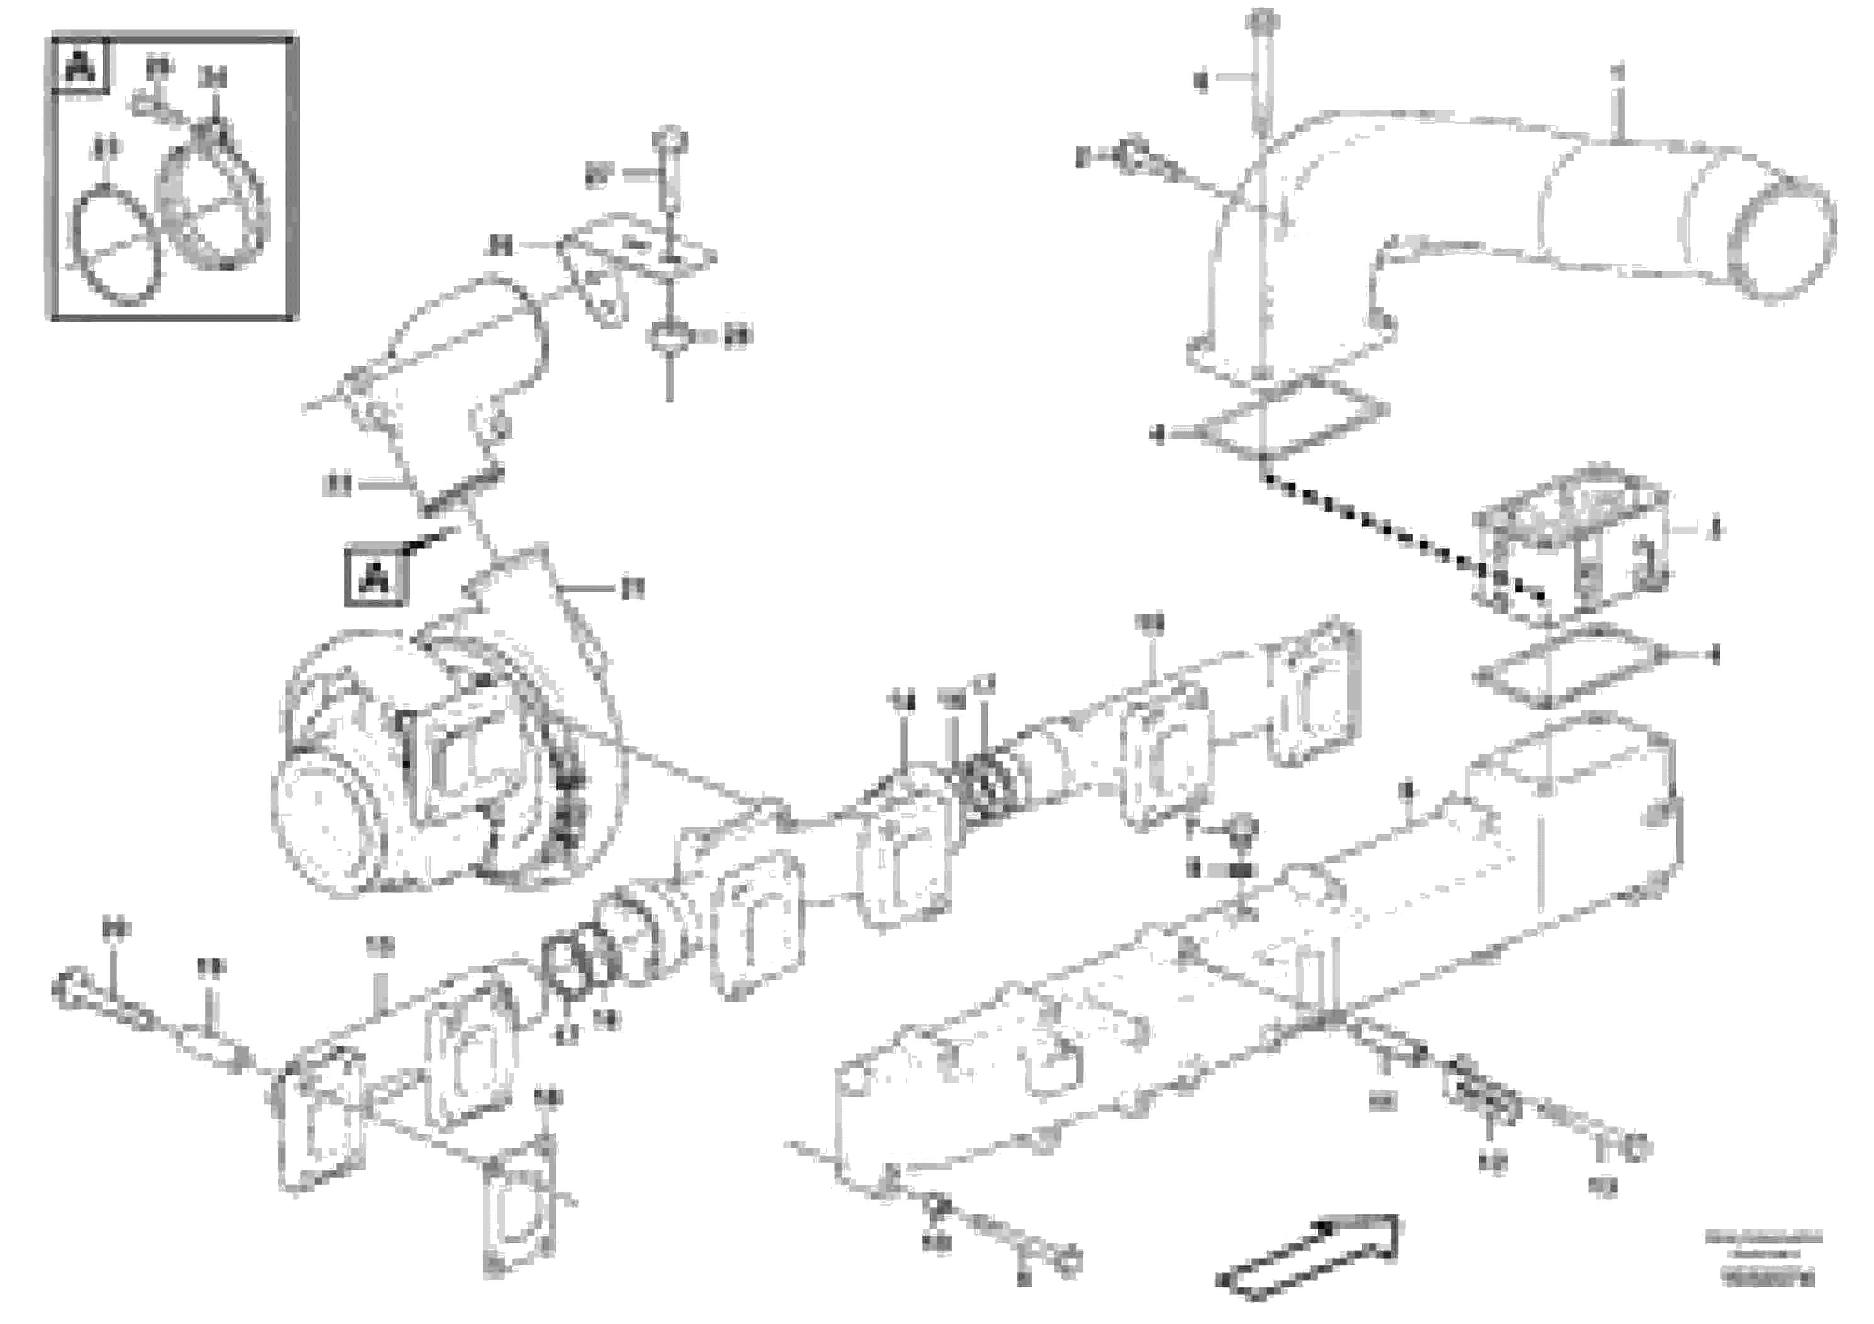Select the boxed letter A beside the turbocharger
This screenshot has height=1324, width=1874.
click(375, 578)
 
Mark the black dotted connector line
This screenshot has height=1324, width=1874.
click(1387, 531)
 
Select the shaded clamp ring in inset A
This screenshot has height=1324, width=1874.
click(215, 196)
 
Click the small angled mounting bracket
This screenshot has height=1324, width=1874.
click(628, 261)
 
